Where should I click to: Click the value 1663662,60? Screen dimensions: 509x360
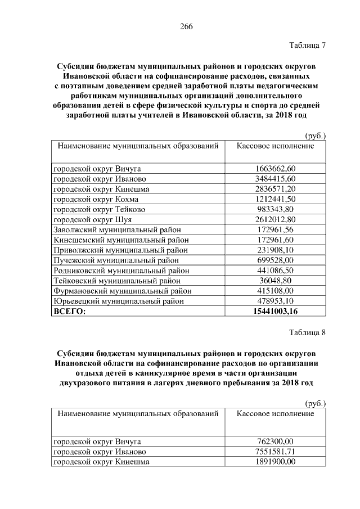click(x=275, y=169)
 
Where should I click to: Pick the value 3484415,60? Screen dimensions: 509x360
click(x=275, y=179)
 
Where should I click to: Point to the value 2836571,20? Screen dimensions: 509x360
click(x=275, y=189)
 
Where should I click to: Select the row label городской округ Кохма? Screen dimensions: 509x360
click(x=96, y=199)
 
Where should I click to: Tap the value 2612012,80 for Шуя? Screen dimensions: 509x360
click(x=275, y=219)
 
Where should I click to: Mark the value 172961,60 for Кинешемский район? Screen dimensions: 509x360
click(x=275, y=240)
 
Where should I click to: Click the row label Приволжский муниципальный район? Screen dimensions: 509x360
click(x=120, y=250)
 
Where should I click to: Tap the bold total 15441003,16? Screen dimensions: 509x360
click(x=275, y=311)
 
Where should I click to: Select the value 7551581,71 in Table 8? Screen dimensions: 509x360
click(x=275, y=452)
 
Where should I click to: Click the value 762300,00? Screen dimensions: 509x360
click(x=275, y=442)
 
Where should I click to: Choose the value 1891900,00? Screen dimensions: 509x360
click(x=275, y=462)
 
